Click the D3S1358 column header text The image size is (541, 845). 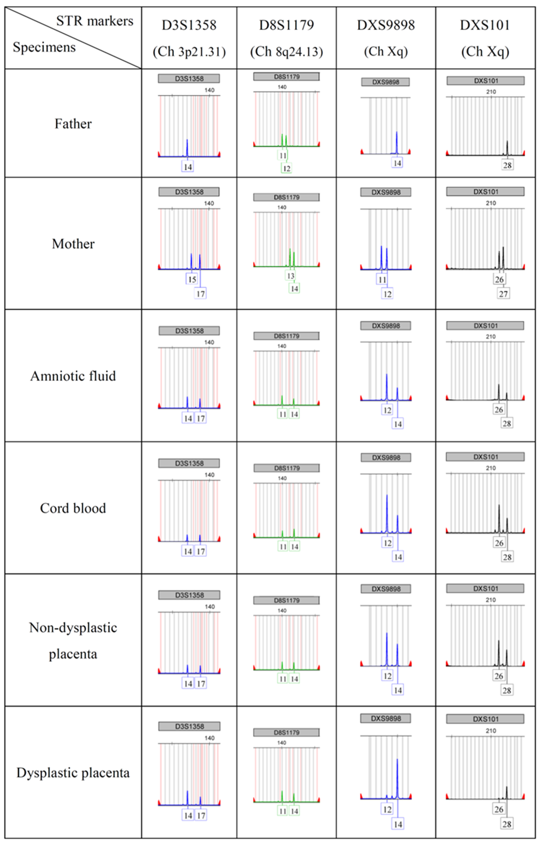[x=189, y=25]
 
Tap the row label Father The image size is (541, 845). [x=73, y=124]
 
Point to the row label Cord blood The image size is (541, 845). [x=73, y=508]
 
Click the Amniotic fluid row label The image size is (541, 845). [x=73, y=376]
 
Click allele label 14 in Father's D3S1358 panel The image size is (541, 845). [x=188, y=167]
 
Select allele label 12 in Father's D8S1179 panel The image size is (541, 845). [x=287, y=168]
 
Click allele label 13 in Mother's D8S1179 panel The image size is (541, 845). [x=290, y=276]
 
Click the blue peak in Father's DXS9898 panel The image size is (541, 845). [x=397, y=142]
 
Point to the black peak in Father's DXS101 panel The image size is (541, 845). [x=507, y=147]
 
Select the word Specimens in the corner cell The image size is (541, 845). [x=44, y=47]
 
